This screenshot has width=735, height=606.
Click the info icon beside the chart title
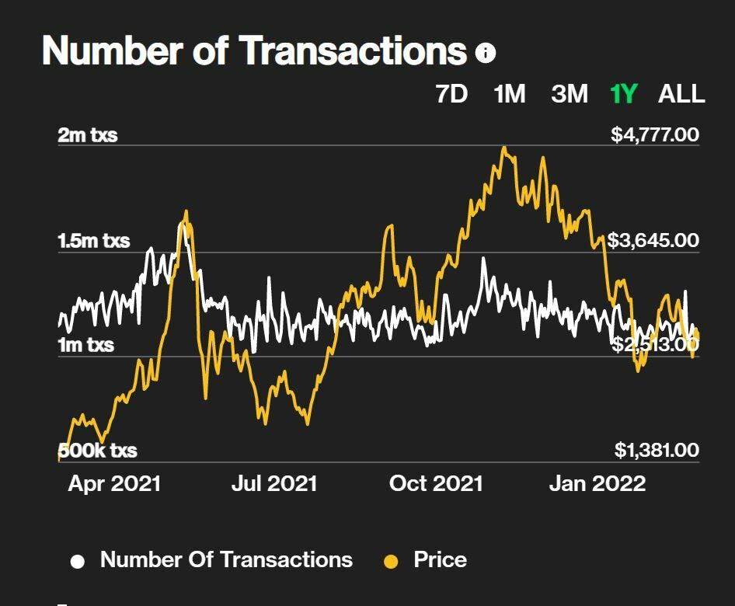(x=486, y=53)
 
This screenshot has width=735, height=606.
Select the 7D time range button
(x=451, y=94)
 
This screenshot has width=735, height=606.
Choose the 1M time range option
(x=510, y=94)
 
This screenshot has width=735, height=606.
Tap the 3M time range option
(x=570, y=94)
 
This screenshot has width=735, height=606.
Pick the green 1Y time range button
(x=624, y=94)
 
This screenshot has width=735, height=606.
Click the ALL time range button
(x=681, y=94)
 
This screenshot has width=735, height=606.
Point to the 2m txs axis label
(x=88, y=135)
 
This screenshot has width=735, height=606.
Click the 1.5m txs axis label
(x=94, y=241)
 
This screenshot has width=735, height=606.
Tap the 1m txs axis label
(x=85, y=345)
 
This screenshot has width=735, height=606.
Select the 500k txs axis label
(x=98, y=451)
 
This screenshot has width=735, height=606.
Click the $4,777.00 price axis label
(x=655, y=135)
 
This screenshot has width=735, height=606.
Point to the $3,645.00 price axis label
(x=653, y=240)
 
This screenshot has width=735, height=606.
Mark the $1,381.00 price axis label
(x=657, y=450)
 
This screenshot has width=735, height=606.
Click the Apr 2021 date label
(x=114, y=484)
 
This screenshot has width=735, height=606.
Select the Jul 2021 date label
(x=274, y=484)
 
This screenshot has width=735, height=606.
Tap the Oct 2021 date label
(x=436, y=484)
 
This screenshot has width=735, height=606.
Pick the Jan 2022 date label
(x=597, y=484)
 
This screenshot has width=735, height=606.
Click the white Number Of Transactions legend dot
(x=78, y=562)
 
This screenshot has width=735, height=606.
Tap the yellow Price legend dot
(x=391, y=562)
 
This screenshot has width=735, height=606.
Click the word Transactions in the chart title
(x=353, y=51)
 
